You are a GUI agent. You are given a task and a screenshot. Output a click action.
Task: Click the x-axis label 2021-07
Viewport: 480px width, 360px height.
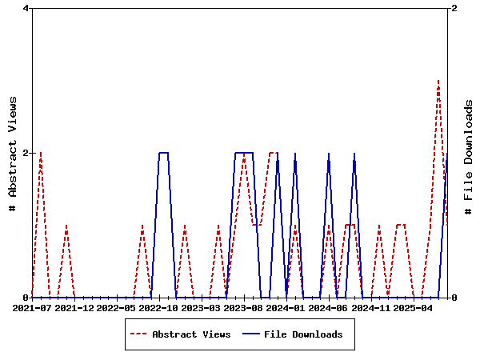pos(32,307)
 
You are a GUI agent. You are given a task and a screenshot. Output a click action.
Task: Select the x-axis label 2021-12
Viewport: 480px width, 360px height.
pos(74,307)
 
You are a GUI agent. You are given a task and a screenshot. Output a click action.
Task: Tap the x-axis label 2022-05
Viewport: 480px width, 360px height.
pos(117,307)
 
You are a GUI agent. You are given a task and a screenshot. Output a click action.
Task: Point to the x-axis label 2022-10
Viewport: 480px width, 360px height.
pos(159,307)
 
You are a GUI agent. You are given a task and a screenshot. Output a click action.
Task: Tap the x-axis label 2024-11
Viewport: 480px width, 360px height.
pos(371,307)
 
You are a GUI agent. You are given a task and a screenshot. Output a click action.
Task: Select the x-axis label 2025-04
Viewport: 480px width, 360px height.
pos(414,307)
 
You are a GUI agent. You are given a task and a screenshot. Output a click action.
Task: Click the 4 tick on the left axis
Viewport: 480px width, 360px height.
pos(26,8)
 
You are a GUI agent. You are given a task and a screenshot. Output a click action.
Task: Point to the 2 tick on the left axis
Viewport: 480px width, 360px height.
pos(26,153)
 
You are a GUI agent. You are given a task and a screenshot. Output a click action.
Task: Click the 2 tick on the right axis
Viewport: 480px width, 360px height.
pos(454,8)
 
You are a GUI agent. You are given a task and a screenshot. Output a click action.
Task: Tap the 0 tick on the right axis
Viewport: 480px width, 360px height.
pos(454,298)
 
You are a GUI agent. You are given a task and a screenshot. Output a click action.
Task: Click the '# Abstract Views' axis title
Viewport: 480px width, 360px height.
pos(13,153)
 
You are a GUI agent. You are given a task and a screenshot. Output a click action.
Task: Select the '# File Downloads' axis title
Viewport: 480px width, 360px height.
pos(469,153)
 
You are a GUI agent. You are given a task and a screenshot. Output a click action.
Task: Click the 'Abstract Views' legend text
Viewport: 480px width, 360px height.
pos(191,334)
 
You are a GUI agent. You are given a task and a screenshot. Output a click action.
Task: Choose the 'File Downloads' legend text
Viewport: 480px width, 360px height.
pos(303,334)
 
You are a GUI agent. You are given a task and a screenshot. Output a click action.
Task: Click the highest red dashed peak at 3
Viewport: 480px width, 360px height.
pos(438,81)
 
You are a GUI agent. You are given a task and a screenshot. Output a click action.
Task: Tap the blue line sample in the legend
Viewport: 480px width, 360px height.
pos(251,334)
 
